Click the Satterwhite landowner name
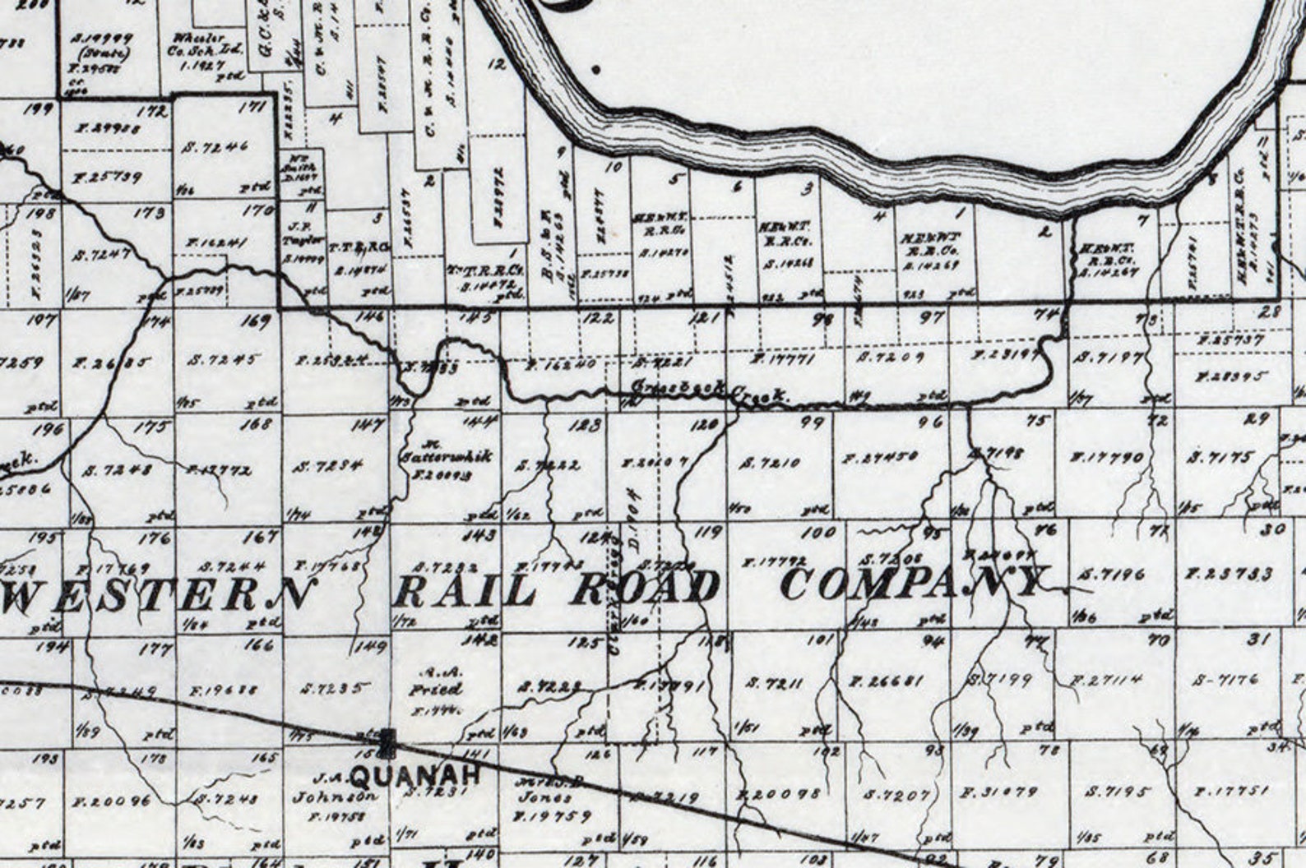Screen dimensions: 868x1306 coord(445,457)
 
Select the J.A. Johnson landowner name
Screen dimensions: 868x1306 coord(337,787)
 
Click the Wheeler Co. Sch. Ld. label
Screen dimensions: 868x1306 coord(207,49)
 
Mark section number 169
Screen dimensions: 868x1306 coord(254,321)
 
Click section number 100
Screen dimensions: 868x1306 coord(818,533)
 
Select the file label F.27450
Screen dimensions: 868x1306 coord(878,458)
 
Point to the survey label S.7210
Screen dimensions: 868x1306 coord(769,463)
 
